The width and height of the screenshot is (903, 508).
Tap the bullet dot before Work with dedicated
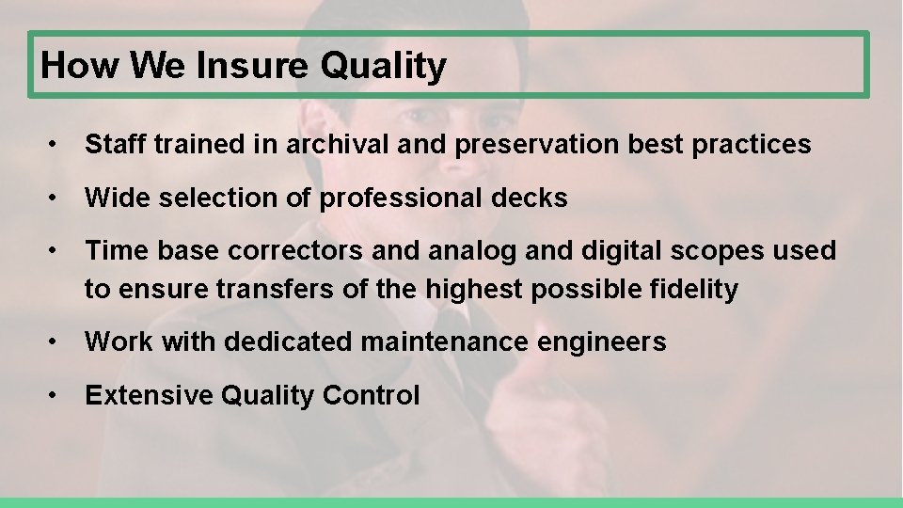(x=57, y=342)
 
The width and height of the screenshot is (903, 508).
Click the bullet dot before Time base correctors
(x=57, y=251)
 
